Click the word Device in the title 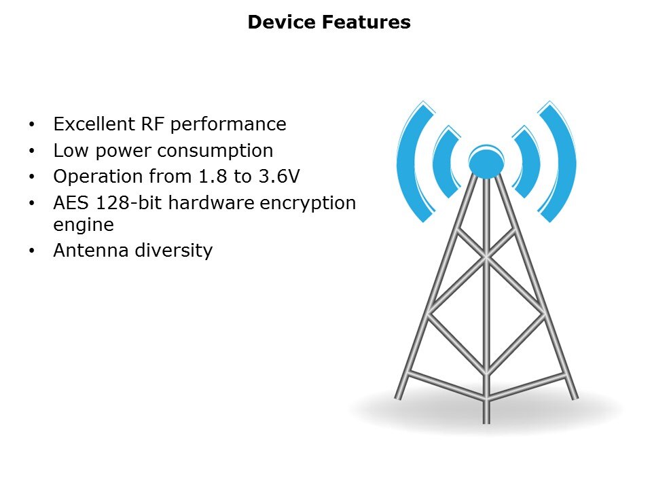coord(282,22)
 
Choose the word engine coord(84,225)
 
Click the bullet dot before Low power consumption coord(32,151)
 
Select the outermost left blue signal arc coord(405,162)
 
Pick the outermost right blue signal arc coord(566,162)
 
